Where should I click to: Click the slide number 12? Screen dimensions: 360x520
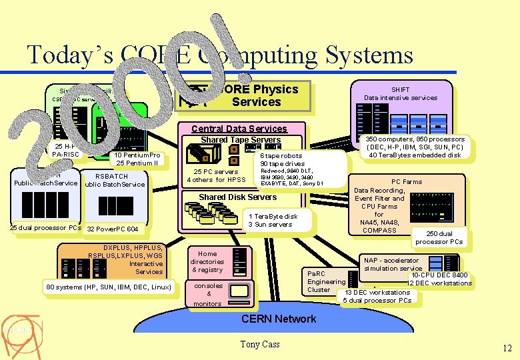507,347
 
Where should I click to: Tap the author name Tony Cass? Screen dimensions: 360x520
260,344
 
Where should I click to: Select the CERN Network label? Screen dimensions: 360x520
279,319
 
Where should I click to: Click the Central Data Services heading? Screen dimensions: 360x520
239,129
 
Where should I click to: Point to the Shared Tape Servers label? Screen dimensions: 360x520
241,139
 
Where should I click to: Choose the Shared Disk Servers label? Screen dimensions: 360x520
238,197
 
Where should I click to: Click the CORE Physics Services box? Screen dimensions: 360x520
256,95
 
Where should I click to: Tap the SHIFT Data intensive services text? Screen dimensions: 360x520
401,93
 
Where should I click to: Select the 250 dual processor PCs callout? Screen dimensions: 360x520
439,238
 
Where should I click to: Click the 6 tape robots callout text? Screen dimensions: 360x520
282,159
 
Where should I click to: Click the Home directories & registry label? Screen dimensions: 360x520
207,261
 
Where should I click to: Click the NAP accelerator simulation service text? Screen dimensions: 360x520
393,264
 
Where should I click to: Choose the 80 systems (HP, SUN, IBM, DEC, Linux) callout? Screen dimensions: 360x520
109,287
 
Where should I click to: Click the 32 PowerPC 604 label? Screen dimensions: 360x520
113,229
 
